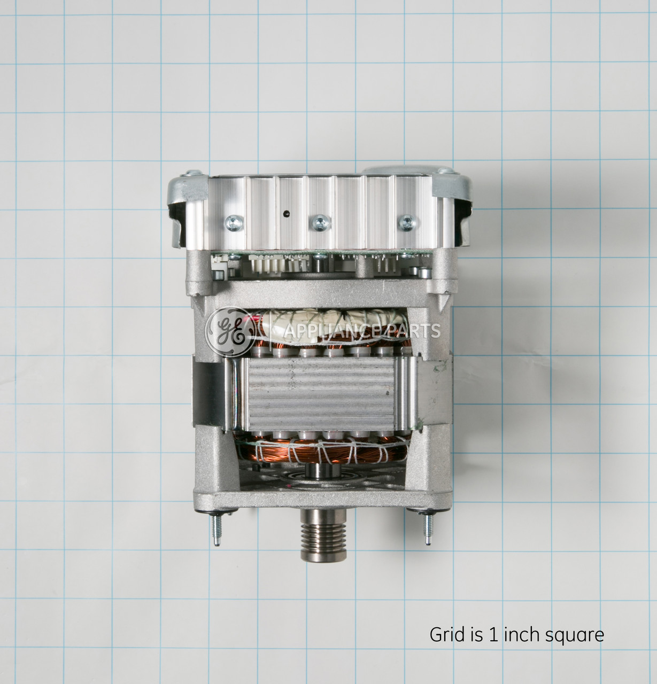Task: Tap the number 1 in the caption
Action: (x=493, y=635)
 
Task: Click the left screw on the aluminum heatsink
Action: (x=234, y=223)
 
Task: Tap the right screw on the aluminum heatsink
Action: (x=407, y=222)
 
